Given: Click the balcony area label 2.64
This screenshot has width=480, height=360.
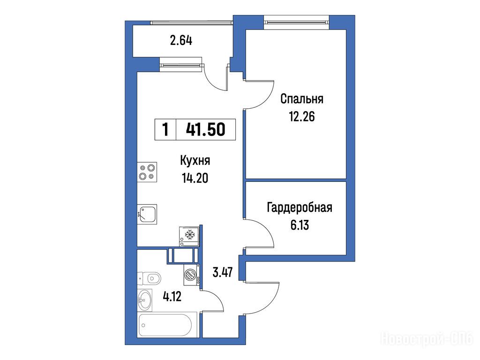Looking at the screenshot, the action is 181,40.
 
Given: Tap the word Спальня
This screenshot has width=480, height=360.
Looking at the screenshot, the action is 302,99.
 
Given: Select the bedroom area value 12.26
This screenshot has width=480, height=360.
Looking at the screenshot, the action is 302,116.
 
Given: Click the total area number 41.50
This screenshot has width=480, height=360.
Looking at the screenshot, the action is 206,129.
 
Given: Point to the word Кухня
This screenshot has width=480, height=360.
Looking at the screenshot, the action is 195,161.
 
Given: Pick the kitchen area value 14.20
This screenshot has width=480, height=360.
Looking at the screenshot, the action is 195,178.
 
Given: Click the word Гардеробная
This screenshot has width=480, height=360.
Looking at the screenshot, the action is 300,208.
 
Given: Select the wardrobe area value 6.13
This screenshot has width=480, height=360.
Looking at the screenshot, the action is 300,225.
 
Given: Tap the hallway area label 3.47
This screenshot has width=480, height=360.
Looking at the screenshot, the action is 223,272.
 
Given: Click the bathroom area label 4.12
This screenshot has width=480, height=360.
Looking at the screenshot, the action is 172,296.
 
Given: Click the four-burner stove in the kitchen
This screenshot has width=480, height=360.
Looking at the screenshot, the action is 147,172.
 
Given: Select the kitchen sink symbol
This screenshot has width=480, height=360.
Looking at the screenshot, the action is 147,214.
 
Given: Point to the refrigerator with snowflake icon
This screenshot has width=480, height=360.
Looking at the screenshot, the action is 189,236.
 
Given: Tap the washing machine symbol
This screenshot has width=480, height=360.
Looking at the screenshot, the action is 191,275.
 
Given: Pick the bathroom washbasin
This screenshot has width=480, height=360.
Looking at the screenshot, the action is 144,300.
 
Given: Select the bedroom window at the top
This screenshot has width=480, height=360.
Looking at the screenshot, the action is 296,22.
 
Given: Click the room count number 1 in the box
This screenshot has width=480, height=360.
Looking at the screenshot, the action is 165,129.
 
